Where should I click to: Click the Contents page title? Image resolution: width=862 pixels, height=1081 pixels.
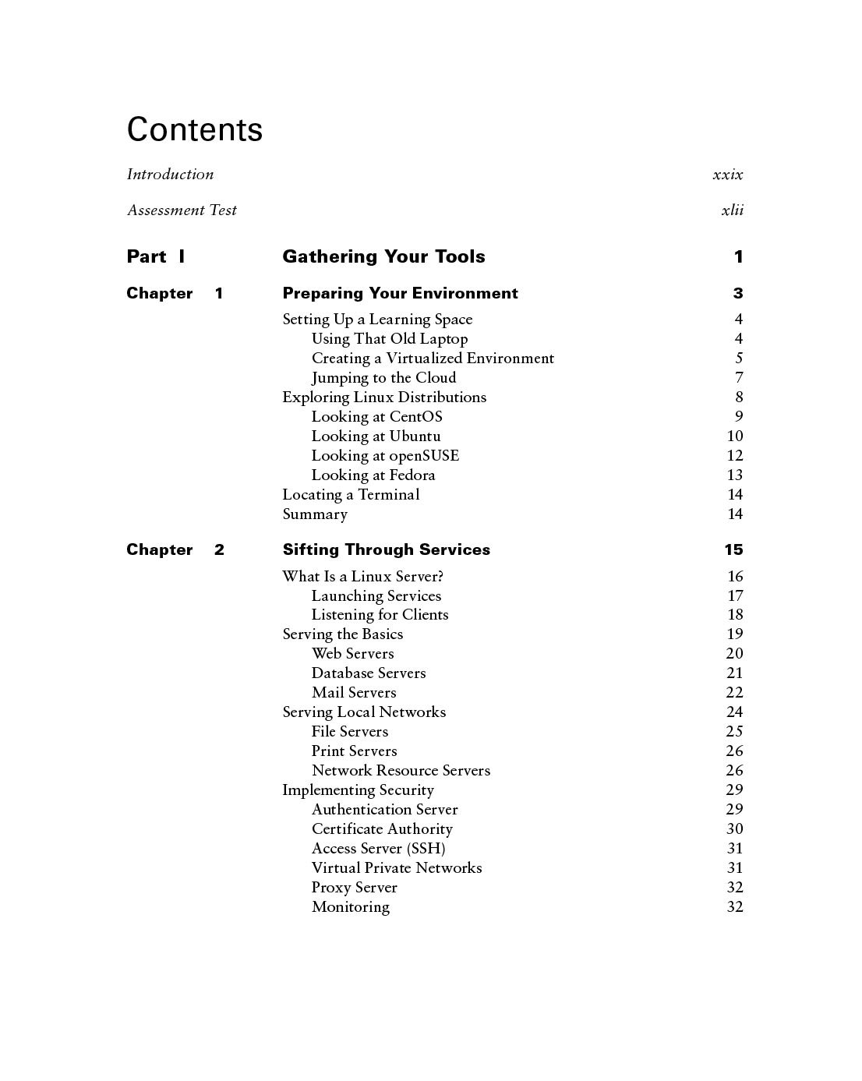195,129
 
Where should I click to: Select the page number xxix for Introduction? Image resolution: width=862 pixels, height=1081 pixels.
727,175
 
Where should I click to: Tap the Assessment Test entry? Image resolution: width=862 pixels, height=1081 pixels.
182,210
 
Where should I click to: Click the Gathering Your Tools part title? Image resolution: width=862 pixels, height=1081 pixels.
383,256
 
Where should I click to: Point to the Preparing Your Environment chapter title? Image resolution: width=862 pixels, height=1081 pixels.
400,294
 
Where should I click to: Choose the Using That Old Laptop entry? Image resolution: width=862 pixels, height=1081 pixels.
390,339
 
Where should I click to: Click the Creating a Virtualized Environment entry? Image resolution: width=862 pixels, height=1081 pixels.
433,359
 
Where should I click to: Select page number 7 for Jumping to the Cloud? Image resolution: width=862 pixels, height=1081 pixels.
739,378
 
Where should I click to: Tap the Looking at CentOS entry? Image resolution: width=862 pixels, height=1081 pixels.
376,417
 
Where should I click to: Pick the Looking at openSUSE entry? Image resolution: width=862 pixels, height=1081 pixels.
385,456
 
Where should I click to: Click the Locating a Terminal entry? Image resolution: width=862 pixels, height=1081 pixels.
351,495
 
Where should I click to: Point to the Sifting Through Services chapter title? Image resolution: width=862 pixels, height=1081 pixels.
386,550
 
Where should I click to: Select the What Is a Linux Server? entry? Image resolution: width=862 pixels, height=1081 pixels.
362,577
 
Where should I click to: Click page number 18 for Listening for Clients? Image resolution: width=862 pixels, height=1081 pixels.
735,615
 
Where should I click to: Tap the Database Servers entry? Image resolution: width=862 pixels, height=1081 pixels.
369,673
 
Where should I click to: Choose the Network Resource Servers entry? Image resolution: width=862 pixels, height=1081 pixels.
401,771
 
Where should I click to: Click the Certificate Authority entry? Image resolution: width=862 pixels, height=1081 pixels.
382,829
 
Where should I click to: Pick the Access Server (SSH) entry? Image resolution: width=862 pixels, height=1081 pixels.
378,849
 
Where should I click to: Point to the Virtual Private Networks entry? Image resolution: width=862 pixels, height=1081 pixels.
397,868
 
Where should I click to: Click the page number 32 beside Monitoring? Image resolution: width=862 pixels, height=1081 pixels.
735,907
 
